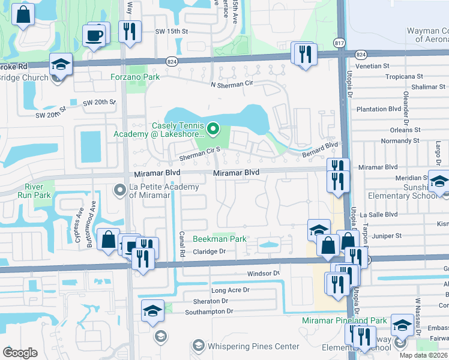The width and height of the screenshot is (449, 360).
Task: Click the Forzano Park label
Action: click(x=135, y=77)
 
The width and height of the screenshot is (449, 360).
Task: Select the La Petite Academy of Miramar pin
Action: click(x=119, y=190)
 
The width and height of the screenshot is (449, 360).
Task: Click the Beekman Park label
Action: click(x=220, y=239)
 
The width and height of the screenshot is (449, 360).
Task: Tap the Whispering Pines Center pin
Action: click(x=199, y=346)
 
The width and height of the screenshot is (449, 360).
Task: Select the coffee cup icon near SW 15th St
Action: click(x=94, y=35)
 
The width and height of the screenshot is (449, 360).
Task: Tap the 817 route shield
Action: click(x=340, y=43)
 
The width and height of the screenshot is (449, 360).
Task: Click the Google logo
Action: click(x=20, y=352)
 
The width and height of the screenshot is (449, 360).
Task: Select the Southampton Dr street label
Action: click(x=209, y=311)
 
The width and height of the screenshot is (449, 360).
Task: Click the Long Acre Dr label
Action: click(x=230, y=290)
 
